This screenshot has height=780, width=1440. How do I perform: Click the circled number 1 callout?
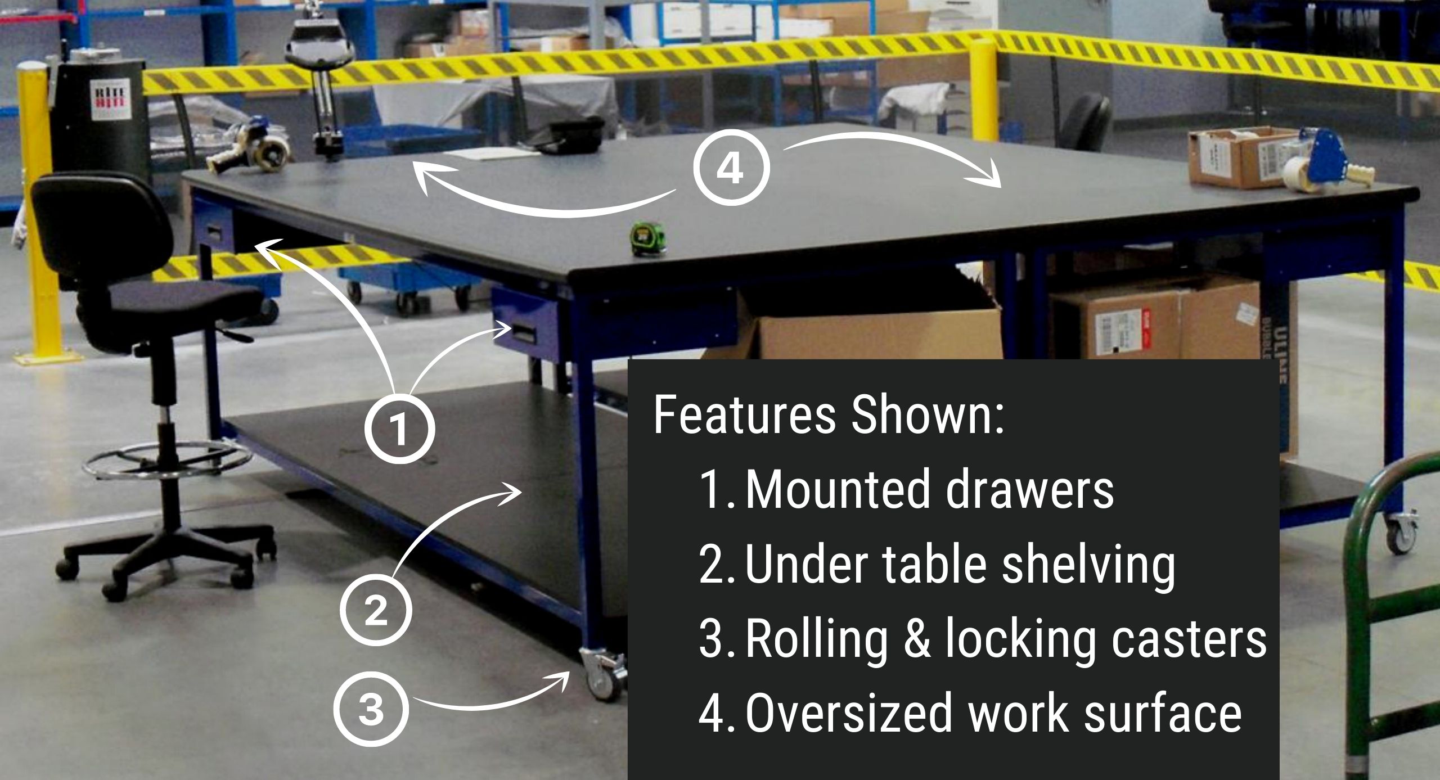(x=400, y=429)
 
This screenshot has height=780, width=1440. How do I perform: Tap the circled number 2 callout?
(x=376, y=610)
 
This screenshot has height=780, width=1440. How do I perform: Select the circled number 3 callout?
(x=371, y=709)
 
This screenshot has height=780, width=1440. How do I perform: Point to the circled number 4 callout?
(x=730, y=169)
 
